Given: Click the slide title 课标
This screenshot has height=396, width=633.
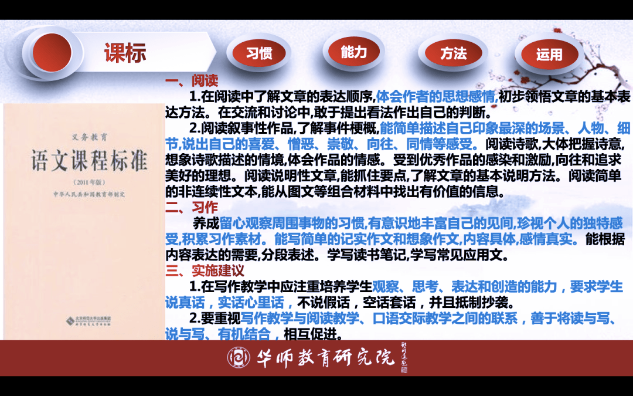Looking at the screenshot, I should pos(125,53).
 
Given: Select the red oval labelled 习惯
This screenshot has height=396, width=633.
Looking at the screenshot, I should pos(259,53).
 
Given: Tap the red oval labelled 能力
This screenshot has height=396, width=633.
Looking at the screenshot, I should pos(353,52).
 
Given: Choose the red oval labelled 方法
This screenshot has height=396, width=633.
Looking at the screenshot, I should pos(453,53).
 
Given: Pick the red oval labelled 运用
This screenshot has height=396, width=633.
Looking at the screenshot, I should pos(549,55).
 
